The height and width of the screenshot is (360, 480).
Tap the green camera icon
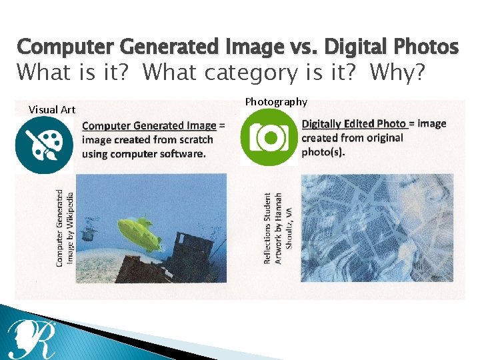point(269,137)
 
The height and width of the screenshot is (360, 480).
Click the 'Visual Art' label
point(52,109)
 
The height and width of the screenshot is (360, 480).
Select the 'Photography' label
point(276,102)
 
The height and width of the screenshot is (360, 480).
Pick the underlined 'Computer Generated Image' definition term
point(149,125)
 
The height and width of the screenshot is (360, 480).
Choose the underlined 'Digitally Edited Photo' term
point(353,124)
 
